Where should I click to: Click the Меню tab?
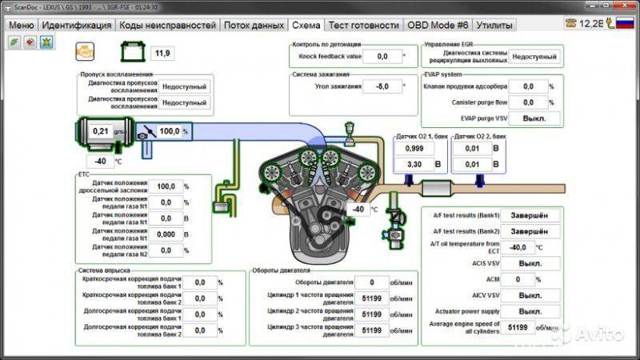pyautogui.click(x=21, y=25)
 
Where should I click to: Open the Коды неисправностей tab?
pyautogui.click(x=167, y=25)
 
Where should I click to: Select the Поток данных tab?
pyautogui.click(x=253, y=25)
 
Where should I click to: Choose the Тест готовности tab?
pyautogui.click(x=364, y=25)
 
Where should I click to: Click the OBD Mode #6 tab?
pyautogui.click(x=438, y=25)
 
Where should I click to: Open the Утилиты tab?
pyautogui.click(x=494, y=25)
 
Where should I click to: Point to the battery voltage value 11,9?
pyautogui.click(x=162, y=54)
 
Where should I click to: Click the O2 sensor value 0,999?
pyautogui.click(x=414, y=149)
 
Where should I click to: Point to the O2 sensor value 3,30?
pyautogui.click(x=414, y=165)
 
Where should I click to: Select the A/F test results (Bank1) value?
pyautogui.click(x=528, y=215)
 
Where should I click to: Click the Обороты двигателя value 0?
pyautogui.click(x=373, y=282)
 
